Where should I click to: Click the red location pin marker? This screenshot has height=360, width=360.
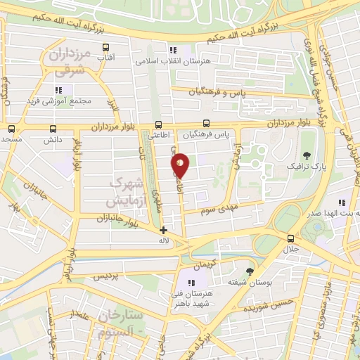point(181,165)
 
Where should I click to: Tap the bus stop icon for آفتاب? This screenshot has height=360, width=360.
point(106,49)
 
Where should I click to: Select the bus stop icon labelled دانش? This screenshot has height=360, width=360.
point(53,129)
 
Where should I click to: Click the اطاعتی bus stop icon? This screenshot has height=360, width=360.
point(159,124)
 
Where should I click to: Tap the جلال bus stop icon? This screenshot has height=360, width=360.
point(291,238)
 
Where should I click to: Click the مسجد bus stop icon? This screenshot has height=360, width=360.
point(11,129)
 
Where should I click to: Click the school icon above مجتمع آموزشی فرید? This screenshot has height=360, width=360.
point(59,90)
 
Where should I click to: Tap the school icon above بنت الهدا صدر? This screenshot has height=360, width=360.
point(341,202)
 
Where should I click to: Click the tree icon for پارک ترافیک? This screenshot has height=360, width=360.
point(306,155)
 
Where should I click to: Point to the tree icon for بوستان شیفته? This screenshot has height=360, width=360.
point(250,271)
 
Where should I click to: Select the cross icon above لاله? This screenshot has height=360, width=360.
point(164,230)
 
